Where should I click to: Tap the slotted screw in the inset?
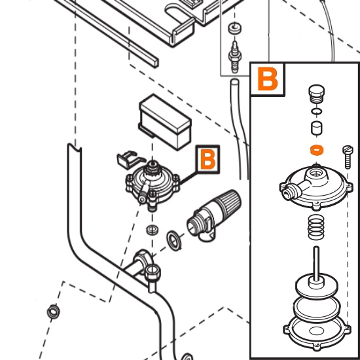click(x=348, y=157)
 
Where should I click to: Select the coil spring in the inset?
click(x=316, y=227)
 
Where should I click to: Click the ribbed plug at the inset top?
click(x=316, y=94)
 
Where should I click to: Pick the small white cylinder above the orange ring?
click(x=316, y=128)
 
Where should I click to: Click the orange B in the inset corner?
click(x=268, y=79)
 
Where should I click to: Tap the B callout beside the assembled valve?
click(x=207, y=159)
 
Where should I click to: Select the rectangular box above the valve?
click(x=166, y=122)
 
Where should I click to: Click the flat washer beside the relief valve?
click(x=174, y=241)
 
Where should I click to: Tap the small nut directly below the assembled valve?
click(x=153, y=230)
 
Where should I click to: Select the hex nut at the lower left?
click(x=53, y=312)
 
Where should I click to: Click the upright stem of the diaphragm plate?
click(x=316, y=264)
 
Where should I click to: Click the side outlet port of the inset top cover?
click(x=289, y=193)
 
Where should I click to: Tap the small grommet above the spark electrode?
click(x=234, y=28)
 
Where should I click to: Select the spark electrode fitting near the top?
click(x=234, y=57)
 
